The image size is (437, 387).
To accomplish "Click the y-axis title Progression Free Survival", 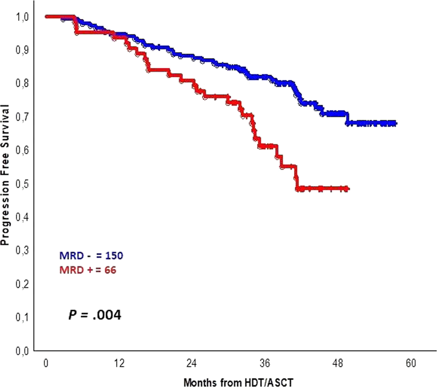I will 6,174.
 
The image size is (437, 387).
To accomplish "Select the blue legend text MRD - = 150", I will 91,255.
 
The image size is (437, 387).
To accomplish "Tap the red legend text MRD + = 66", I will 87,270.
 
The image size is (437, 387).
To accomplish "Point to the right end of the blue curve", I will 395,123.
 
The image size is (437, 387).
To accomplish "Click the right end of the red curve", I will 348,189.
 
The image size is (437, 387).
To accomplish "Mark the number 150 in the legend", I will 114,255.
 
